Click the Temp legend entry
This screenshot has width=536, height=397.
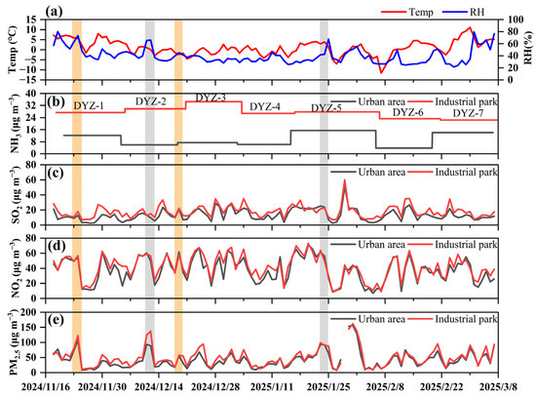407,12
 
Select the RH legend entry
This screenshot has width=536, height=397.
463,12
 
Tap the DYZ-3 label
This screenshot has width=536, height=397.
211,98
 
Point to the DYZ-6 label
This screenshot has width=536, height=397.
407,112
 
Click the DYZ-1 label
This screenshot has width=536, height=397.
89,106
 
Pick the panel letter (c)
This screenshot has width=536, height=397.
55,173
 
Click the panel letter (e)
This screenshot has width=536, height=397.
55,319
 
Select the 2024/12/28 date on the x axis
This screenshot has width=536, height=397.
215,387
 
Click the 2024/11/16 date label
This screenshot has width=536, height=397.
46,387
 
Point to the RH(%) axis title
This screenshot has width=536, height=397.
528,47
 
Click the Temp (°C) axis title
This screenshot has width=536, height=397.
13,51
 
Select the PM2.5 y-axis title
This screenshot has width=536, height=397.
13,342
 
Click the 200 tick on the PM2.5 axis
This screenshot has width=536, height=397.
33,312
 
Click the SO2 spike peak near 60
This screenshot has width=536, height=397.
345,180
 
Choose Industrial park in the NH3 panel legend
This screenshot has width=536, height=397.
452,101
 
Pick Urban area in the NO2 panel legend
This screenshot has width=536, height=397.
367,245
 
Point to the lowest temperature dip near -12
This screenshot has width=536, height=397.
381,72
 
